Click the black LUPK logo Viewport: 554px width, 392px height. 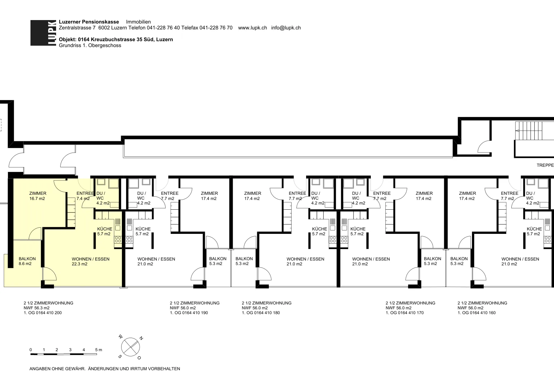coord(43,33)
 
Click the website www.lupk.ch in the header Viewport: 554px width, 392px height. coord(252,28)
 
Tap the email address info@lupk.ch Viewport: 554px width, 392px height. coord(286,28)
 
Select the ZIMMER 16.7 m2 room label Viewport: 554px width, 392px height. coord(38,196)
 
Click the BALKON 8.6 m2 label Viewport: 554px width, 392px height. coord(27,261)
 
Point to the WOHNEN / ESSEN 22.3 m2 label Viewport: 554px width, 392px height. coord(90,262)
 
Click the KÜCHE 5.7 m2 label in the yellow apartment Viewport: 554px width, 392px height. coord(105,231)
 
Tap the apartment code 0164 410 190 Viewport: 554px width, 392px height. coord(195,313)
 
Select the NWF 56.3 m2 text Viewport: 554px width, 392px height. coord(37,308)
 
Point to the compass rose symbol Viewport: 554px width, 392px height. coord(131,347)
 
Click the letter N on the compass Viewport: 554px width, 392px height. coord(141,338)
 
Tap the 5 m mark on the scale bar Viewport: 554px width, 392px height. coord(98,350)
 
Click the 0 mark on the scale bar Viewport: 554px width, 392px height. coord(31,350)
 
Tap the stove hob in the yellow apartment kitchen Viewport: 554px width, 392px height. coord(118,239)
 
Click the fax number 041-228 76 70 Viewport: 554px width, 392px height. coord(216,28)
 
